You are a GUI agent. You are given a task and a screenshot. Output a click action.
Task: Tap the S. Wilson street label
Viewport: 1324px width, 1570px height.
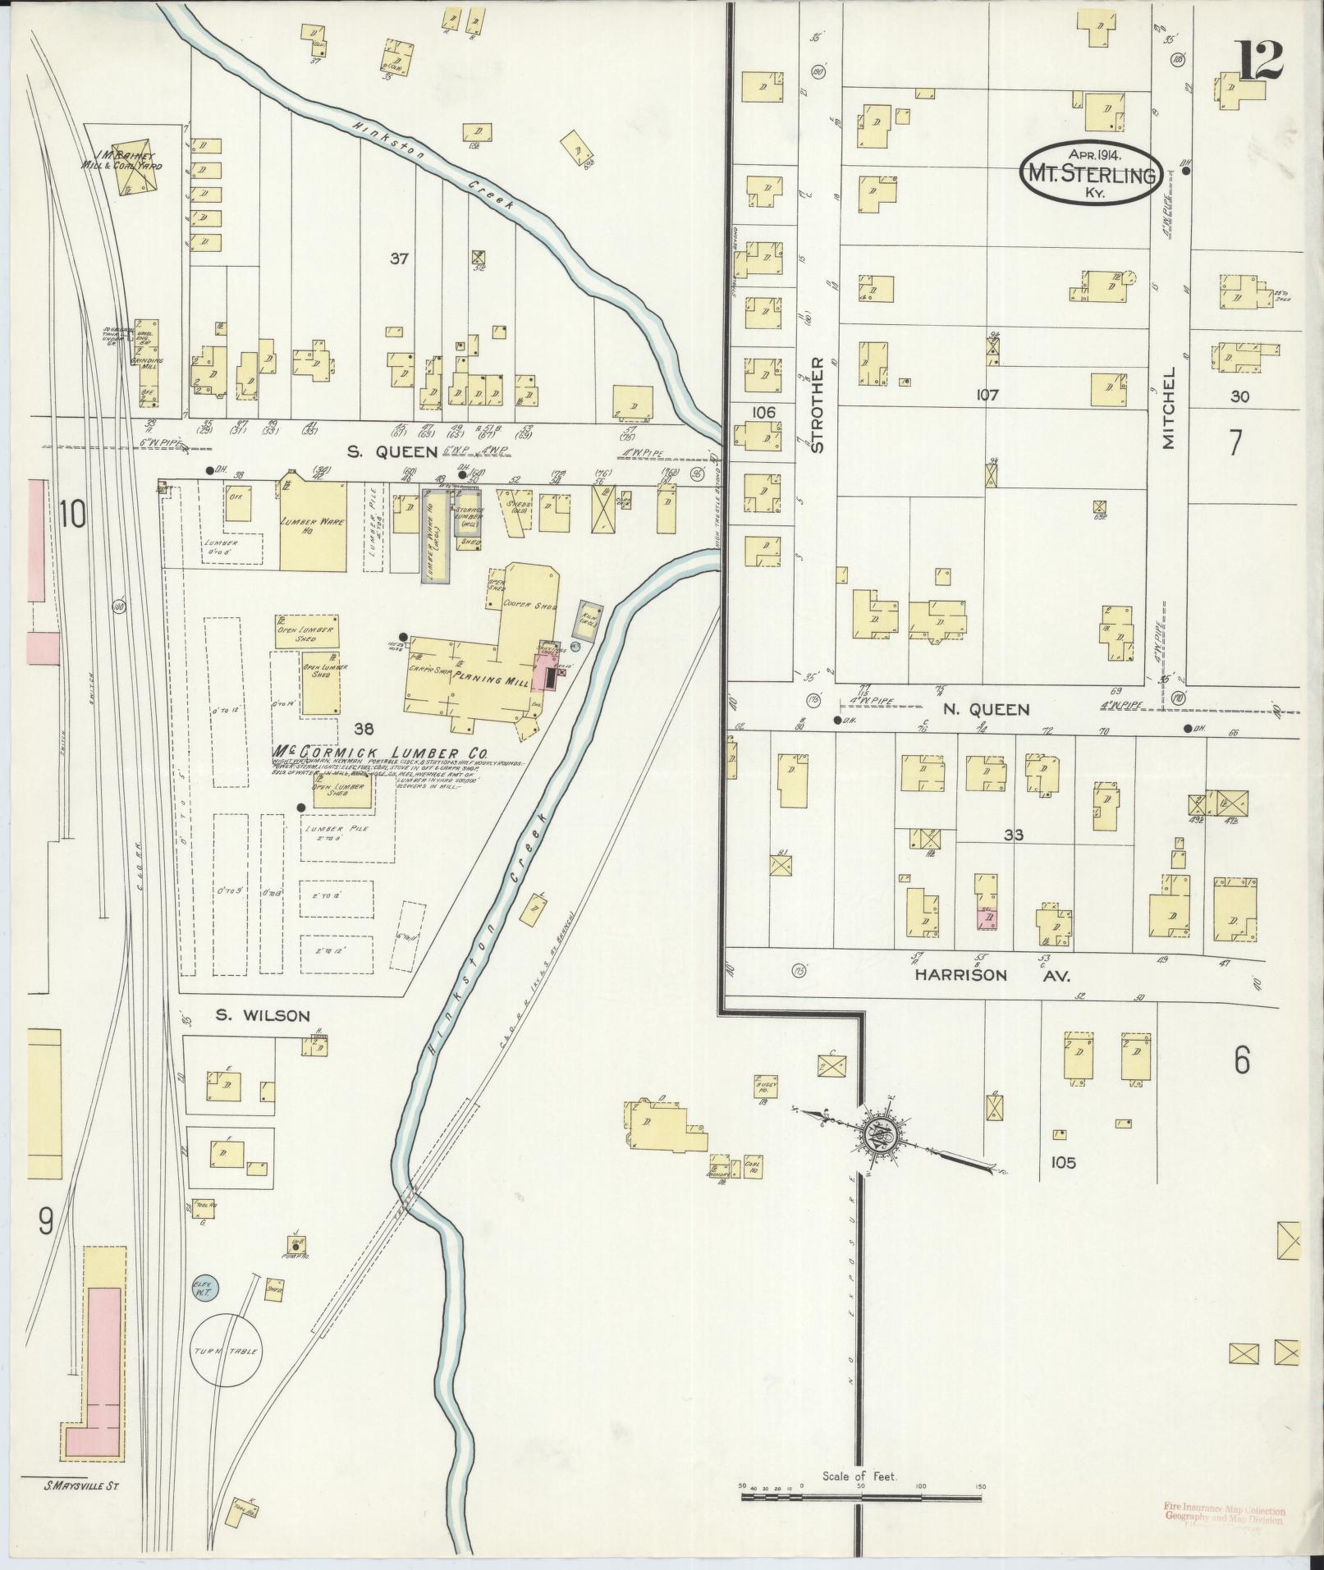(263, 1016)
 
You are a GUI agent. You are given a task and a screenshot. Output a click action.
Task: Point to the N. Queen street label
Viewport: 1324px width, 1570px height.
(986, 709)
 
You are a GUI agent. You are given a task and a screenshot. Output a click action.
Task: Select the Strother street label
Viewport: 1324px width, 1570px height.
(817, 405)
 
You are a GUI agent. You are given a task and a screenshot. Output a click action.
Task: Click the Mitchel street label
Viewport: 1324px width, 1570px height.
(1169, 408)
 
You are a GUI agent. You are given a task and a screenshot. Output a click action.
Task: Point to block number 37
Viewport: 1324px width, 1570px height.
(399, 259)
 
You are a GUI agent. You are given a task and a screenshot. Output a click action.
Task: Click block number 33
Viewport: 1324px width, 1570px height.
(1015, 835)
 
